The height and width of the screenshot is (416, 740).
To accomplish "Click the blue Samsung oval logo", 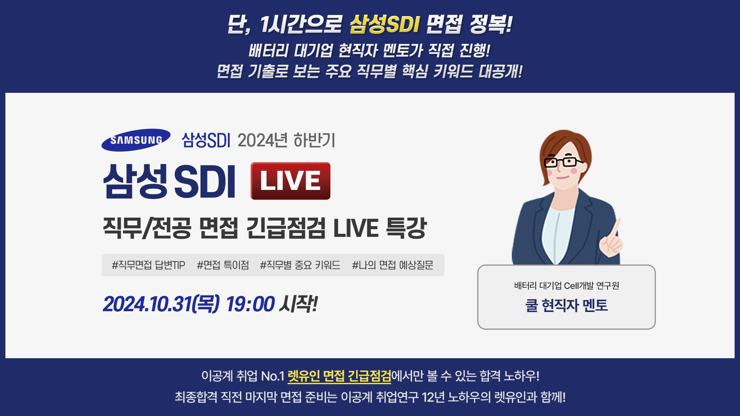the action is pos(136,140).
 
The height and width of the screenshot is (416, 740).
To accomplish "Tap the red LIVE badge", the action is pos(291,181).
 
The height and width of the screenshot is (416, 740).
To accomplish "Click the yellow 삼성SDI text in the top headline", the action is pos(384,24).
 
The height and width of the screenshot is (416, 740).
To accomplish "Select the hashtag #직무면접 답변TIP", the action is pos(148,265).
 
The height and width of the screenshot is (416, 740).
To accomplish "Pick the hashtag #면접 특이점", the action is pos(223,265).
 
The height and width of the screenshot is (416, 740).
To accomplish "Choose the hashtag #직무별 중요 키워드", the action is pos(300,265).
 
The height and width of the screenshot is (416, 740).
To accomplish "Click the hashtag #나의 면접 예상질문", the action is pos(392,265).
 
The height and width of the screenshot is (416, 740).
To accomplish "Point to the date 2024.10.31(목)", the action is pos(161,304).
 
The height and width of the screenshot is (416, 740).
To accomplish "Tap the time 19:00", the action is pos(250,304).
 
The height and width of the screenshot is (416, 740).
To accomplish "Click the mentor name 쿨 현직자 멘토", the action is pos(567,305).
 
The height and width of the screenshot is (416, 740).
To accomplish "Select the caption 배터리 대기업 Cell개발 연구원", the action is pos(567,285).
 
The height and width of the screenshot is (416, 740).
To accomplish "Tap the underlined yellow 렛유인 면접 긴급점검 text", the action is pos(339,376).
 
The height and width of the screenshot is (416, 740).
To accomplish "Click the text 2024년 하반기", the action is pos(286,140).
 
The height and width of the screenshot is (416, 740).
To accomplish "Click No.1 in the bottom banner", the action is pos(272,376).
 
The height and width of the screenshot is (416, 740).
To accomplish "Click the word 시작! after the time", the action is pos(299,304).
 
